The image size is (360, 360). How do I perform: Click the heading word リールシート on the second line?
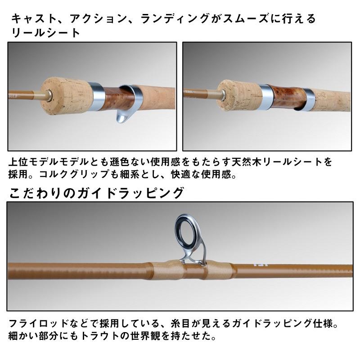45,32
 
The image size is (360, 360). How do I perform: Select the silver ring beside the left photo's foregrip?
96,95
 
